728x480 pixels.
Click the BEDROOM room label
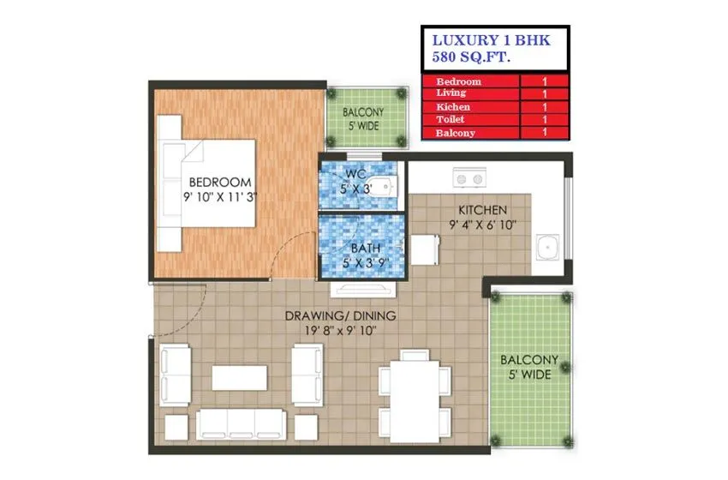(x=220, y=182)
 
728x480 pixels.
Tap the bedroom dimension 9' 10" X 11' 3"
(x=220, y=196)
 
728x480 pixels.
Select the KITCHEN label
(x=482, y=210)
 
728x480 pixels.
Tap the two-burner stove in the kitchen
(x=469, y=179)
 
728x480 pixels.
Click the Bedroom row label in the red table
(x=458, y=81)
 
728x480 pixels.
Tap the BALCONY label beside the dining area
(x=529, y=360)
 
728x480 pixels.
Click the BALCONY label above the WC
(x=364, y=112)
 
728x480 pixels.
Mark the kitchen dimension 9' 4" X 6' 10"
(x=482, y=225)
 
